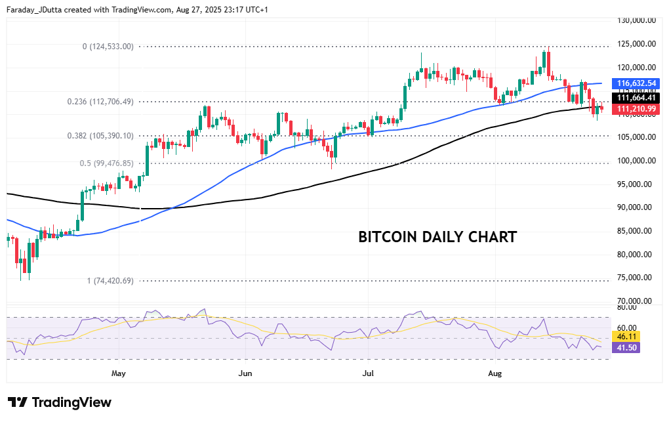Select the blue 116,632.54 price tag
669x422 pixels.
[x=634, y=84]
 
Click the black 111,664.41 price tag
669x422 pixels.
[x=634, y=98]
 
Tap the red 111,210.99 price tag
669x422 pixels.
[x=634, y=109]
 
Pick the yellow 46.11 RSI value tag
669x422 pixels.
[x=623, y=336]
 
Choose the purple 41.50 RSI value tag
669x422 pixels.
[x=623, y=347]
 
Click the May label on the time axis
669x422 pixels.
[x=119, y=373]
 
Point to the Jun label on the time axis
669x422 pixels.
[x=245, y=373]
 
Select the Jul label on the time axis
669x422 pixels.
[x=368, y=373]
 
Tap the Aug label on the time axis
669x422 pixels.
[x=495, y=373]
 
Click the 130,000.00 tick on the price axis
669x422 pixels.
[x=637, y=20]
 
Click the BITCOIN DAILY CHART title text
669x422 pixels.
[x=437, y=237]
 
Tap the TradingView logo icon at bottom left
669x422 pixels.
[x=18, y=402]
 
